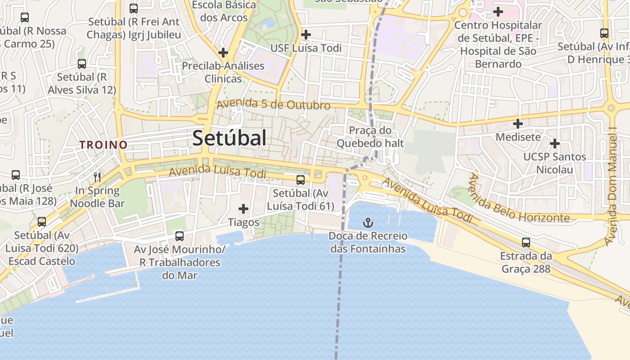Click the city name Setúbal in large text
click(229, 138)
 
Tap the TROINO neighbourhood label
click(103, 145)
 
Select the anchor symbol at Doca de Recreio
click(368, 223)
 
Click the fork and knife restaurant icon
click(97, 177)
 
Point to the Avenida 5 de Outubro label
click(273, 104)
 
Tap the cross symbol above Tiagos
click(243, 209)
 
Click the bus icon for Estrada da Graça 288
click(526, 243)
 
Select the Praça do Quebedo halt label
click(370, 137)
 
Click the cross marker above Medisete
click(518, 123)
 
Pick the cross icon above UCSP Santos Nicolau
click(555, 144)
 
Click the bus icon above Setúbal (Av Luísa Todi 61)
click(300, 180)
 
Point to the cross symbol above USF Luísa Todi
click(306, 34)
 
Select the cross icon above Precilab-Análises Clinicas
click(223, 52)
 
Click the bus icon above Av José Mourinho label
click(179, 236)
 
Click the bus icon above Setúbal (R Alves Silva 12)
click(81, 64)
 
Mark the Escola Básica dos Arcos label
click(224, 12)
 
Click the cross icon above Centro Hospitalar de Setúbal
click(498, 12)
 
